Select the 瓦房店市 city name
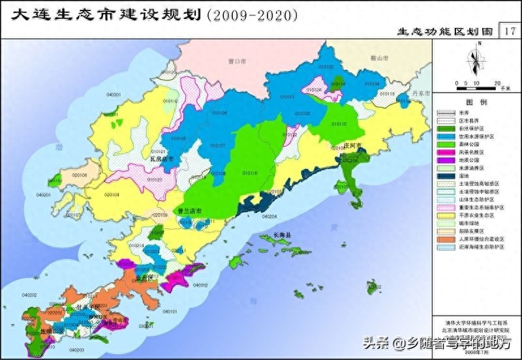pyautogui.click(x=161, y=158)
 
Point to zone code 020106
pyautogui.click(x=80, y=175)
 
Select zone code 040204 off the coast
pyautogui.click(x=269, y=216)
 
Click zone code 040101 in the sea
pyautogui.click(x=169, y=312)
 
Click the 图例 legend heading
pyautogui.click(x=476, y=103)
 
